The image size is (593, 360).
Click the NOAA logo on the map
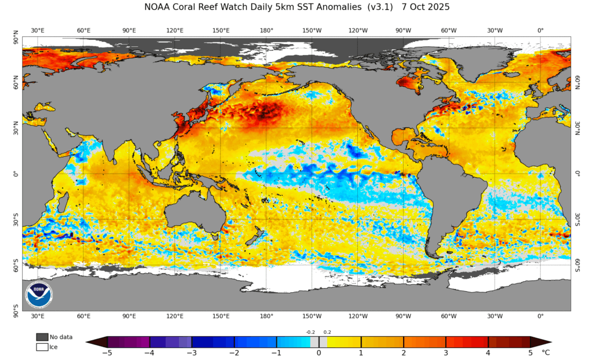click(x=39, y=294)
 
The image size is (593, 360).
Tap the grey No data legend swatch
click(x=42, y=337)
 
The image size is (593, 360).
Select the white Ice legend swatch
click(x=42, y=347)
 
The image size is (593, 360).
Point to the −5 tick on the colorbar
click(x=107, y=352)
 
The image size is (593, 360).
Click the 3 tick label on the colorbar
click(x=446, y=352)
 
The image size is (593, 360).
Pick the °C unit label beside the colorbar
click(x=545, y=352)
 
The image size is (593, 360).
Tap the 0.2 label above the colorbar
click(x=327, y=332)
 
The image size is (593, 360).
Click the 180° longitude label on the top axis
click(x=266, y=30)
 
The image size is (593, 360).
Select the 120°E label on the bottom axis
click(x=175, y=316)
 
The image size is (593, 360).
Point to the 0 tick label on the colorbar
click(x=319, y=352)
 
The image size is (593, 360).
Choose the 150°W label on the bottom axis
click(x=312, y=316)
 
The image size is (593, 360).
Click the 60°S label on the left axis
click(x=16, y=265)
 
